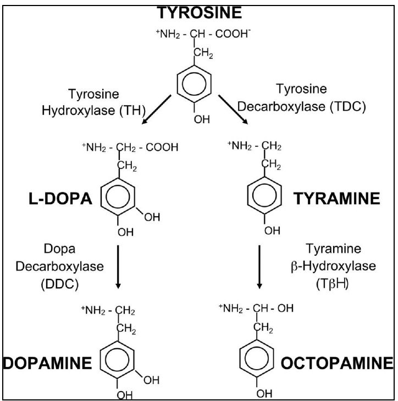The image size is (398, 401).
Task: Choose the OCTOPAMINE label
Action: (x=338, y=364)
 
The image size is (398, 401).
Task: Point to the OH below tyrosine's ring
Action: (x=202, y=117)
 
